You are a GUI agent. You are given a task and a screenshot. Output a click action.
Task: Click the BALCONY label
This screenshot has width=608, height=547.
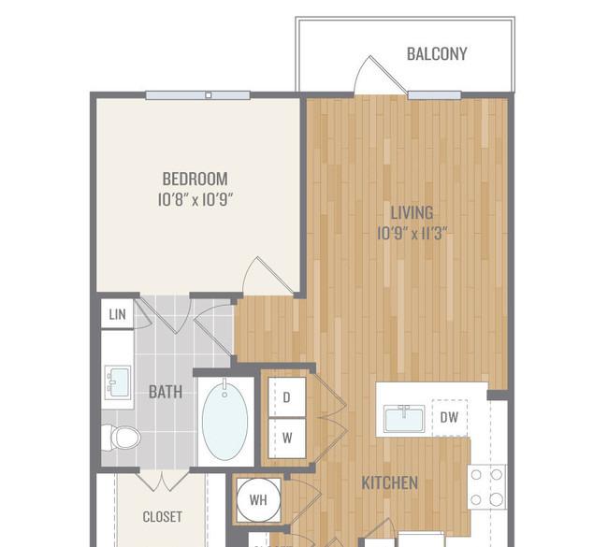437,54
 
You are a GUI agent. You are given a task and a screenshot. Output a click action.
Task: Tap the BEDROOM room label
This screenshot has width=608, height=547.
195,180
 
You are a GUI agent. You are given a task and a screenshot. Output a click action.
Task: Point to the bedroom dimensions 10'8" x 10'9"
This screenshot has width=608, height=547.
195,200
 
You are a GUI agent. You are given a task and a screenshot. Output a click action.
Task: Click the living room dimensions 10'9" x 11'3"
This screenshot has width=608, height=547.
412,234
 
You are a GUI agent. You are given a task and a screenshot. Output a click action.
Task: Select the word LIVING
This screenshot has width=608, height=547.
412,213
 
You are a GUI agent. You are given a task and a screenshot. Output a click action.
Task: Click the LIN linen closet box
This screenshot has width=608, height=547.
117,313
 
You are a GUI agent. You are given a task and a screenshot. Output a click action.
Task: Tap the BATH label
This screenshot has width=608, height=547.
166,392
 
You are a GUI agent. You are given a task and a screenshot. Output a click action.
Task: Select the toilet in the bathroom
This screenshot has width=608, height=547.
121,438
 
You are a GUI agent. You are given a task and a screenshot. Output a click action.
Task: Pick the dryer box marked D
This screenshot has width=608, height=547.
287,397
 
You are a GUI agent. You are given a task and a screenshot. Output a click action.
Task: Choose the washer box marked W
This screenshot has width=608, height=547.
287,439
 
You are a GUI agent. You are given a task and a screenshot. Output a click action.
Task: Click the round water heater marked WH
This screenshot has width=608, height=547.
258,499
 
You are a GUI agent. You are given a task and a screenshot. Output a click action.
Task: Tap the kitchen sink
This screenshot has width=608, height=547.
404,419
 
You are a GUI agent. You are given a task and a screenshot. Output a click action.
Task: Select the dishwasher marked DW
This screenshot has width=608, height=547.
449,418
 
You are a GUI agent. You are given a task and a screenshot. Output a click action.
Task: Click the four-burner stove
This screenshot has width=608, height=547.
486,487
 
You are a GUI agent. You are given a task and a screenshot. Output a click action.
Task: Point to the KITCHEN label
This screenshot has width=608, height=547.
390,483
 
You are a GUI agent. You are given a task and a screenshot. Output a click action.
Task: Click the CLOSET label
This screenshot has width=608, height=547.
162,517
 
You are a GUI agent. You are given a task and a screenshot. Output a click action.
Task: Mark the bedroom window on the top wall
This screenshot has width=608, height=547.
197,95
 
